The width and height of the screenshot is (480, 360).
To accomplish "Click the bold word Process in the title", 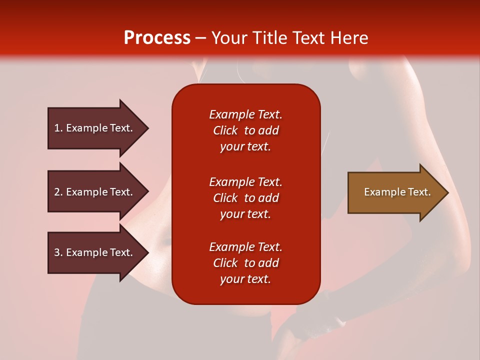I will point(157,38).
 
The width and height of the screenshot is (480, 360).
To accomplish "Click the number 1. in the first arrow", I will point(58,128).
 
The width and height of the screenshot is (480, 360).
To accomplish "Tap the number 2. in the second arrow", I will point(58,192).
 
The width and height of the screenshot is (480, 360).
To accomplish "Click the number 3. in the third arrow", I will point(58,252).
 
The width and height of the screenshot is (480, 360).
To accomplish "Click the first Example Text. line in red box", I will point(245,114).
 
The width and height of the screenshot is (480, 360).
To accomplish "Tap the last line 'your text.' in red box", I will point(245,279).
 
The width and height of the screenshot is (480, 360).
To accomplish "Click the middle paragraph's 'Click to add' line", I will point(245,198).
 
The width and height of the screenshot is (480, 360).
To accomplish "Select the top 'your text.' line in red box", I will point(245,146).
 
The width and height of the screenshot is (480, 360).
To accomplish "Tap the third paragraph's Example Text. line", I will point(245,247).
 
